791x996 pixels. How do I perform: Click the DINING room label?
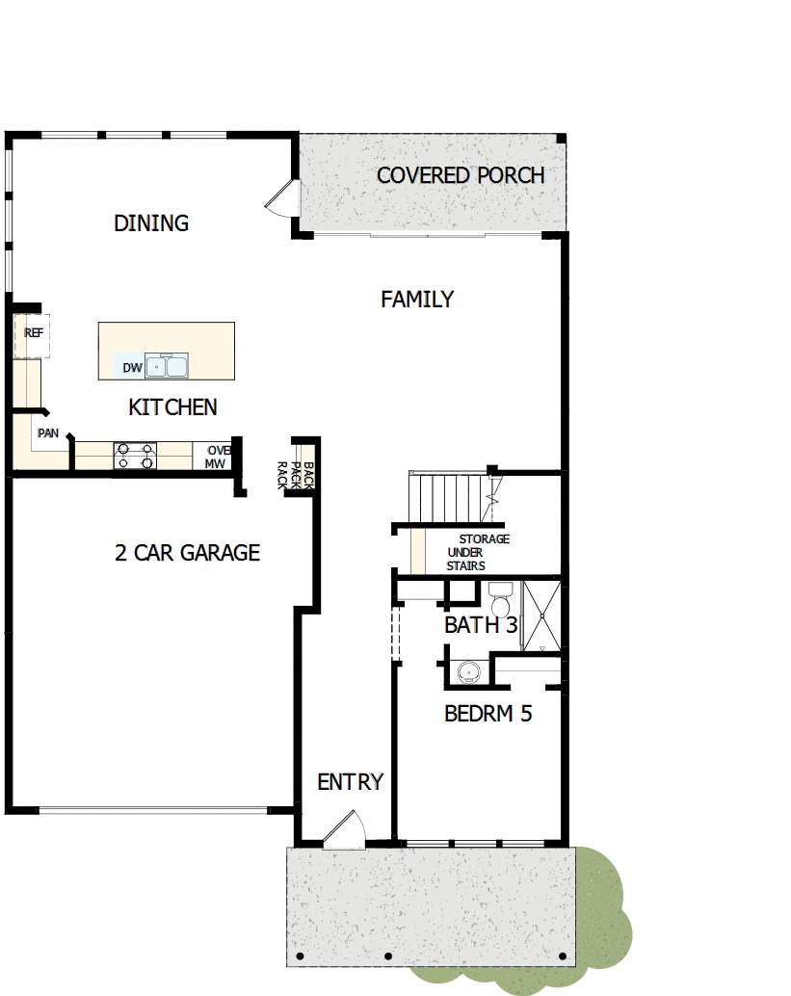pos(151,223)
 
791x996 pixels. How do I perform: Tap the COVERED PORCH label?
pos(461,175)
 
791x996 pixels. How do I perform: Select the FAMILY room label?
pos(416,300)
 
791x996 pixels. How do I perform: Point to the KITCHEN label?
pos(172,407)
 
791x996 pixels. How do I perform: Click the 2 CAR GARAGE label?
pos(187,553)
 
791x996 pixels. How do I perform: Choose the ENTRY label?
pos(350,782)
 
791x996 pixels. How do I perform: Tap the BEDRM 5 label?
pos(488,714)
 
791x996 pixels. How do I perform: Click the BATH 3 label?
pos(481,625)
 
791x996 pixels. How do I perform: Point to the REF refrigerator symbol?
pos(34,334)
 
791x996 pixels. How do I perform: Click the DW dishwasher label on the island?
pos(132,367)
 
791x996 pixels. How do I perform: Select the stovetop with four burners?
pos(135,456)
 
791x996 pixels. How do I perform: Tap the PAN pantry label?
pos(48,433)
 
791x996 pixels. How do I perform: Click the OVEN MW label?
pos(216,457)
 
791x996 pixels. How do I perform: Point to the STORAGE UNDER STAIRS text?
pos(476,552)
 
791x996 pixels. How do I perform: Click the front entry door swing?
pos(343,830)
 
